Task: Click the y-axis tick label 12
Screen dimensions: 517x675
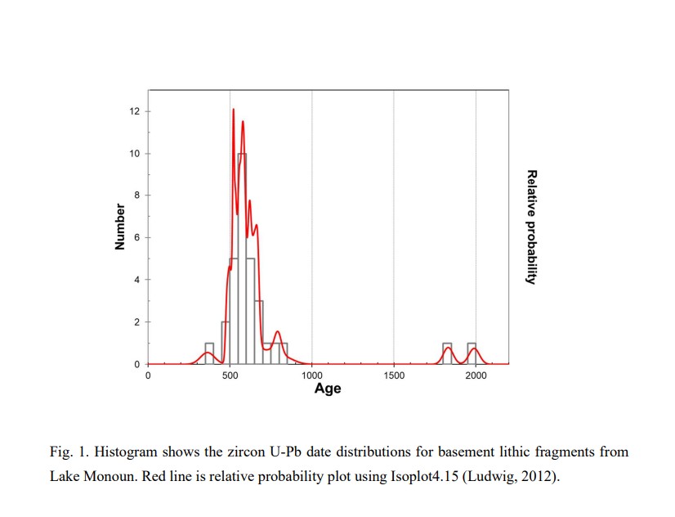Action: [x=134, y=111]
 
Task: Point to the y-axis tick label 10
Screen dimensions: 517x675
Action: [x=134, y=154]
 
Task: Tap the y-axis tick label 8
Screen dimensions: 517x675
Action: [x=136, y=196]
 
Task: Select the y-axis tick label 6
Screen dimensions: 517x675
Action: [x=136, y=237]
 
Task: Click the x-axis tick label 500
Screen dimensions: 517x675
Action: [x=230, y=375]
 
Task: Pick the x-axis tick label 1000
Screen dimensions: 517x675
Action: [x=311, y=375]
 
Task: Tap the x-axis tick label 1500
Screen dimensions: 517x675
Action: [x=394, y=375]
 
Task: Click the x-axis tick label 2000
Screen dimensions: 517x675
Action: [x=476, y=375]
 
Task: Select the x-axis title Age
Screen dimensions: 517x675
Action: [x=328, y=389]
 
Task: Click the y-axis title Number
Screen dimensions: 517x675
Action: [x=119, y=227]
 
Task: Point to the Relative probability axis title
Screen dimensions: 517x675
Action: [x=531, y=227]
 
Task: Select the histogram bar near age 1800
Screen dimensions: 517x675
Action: [x=447, y=353]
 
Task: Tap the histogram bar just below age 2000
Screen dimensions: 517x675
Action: [x=472, y=353]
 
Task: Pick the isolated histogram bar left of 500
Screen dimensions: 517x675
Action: [x=209, y=353]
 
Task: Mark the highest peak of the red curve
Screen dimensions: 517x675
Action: [x=233, y=109]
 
